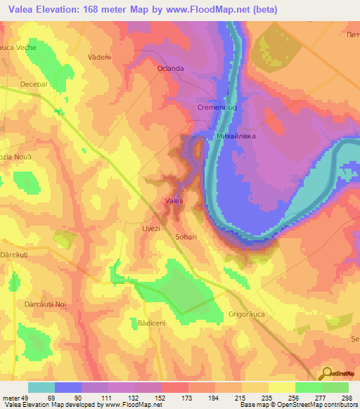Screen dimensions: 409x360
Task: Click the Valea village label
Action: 174,202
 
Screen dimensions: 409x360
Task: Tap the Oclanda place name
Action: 170,68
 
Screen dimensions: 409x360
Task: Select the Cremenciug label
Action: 214,106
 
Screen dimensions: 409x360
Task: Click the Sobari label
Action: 186,238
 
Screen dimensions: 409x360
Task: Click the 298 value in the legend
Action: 345,397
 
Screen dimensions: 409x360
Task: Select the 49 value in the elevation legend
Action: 27,397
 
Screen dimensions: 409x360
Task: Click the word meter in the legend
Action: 11,397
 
